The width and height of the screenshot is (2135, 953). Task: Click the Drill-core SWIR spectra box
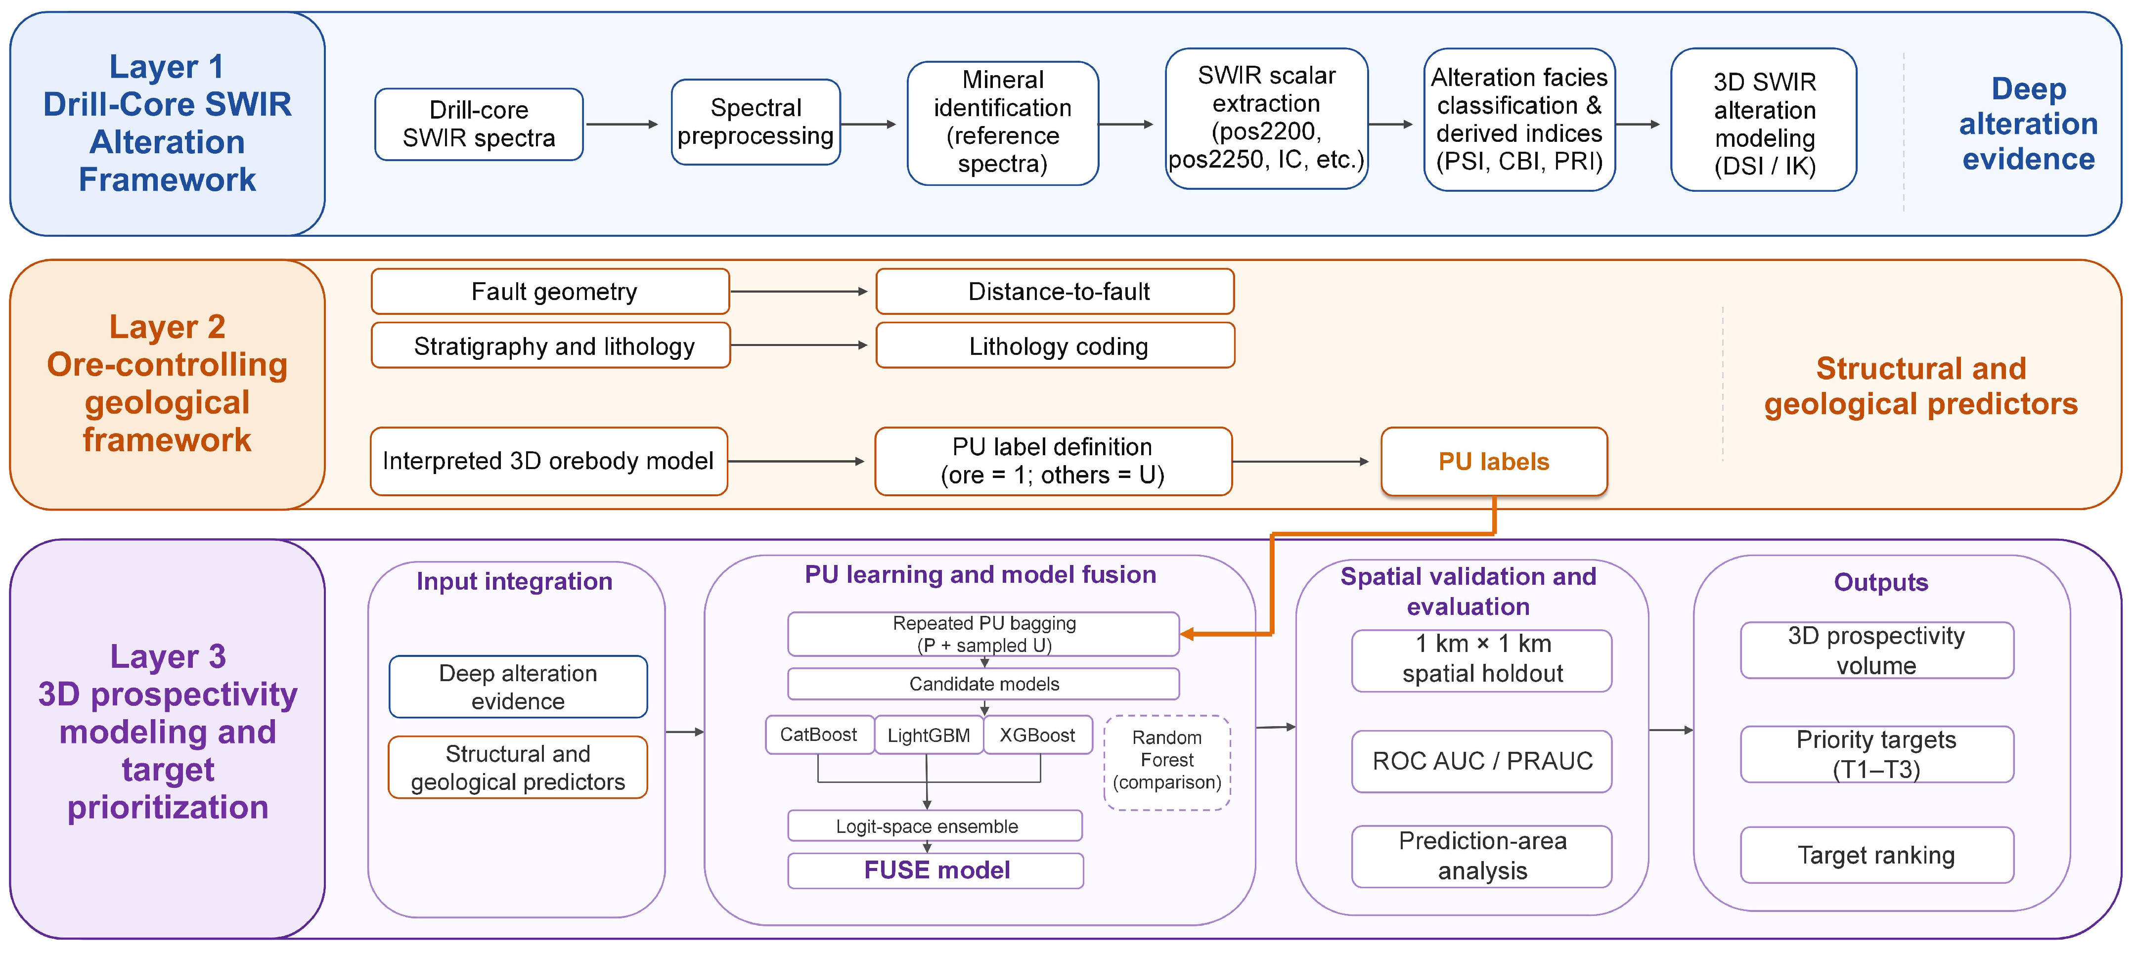479,124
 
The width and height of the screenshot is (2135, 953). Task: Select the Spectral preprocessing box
756,122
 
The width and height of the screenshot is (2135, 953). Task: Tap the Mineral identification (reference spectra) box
1003,123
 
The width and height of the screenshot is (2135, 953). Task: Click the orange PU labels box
1494,462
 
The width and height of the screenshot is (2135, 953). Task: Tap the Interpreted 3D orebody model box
549,461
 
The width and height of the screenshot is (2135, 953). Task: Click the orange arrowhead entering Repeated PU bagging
1187,635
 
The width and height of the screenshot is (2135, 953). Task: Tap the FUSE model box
935,870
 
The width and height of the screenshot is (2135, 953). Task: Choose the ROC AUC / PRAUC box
1482,761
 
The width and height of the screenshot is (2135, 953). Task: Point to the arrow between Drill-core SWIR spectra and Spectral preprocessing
622,124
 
